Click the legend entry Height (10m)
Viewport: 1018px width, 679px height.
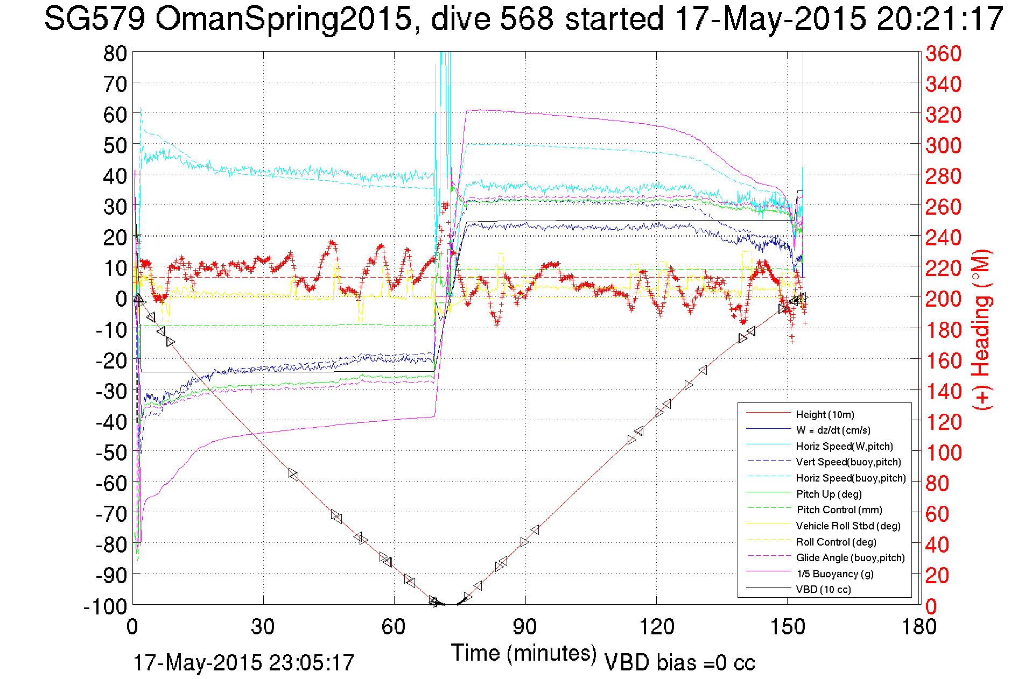[x=825, y=414]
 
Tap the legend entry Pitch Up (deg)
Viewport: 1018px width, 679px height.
[x=829, y=494]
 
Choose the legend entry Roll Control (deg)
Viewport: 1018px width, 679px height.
[x=836, y=542]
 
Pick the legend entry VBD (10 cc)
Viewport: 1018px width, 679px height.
[x=823, y=589]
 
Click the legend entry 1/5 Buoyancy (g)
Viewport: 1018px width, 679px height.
[x=835, y=574]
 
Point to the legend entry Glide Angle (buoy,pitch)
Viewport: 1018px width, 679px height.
[x=850, y=557]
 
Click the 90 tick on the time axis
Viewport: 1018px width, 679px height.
[x=525, y=627]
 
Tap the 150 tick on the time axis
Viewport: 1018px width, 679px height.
[x=788, y=627]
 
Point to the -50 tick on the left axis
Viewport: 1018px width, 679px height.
[x=111, y=452]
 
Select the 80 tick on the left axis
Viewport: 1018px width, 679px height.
[x=115, y=53]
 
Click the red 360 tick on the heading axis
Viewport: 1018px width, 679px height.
[x=943, y=53]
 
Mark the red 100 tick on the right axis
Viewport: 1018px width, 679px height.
[x=943, y=452]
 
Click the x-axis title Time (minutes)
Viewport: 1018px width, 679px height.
[x=524, y=653]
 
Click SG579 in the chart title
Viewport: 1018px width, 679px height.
[x=94, y=19]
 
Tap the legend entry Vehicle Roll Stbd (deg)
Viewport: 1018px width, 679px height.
[x=848, y=526]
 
